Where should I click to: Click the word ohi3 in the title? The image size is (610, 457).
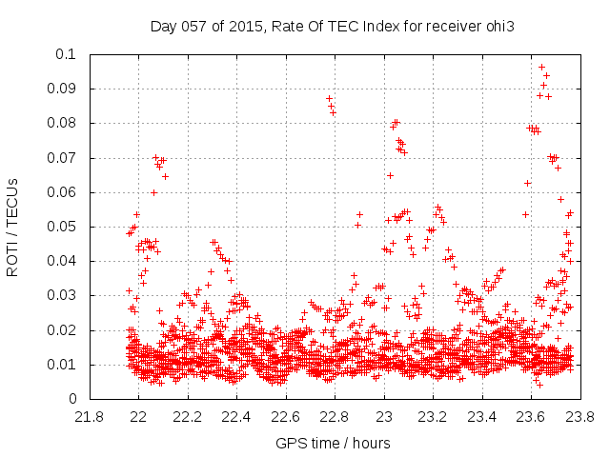click(x=498, y=26)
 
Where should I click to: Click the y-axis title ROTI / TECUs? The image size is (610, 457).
click(x=12, y=227)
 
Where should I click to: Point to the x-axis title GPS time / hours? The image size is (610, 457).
click(x=333, y=443)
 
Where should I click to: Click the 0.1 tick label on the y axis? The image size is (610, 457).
click(x=67, y=54)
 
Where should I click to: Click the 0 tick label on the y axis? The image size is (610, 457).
click(x=71, y=399)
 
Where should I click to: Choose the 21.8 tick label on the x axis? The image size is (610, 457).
click(x=90, y=417)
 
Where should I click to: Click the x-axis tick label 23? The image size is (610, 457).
click(x=384, y=417)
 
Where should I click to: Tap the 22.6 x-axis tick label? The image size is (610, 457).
click(x=286, y=417)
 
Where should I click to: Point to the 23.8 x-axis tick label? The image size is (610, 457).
click(x=579, y=417)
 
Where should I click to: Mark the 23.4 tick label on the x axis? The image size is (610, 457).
click(x=482, y=417)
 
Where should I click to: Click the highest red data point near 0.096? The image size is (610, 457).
click(x=541, y=68)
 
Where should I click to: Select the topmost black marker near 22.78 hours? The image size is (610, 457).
click(x=329, y=98)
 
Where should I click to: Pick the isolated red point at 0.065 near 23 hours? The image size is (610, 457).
click(x=390, y=175)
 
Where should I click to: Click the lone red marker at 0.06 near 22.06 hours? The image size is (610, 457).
click(x=153, y=192)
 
